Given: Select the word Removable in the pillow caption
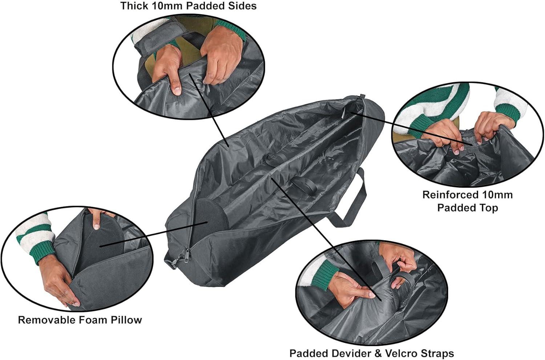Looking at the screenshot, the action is pyautogui.click(x=40, y=320).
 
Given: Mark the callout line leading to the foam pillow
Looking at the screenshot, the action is pyautogui.click(x=154, y=234).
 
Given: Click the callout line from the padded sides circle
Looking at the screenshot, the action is pyautogui.click(x=209, y=110).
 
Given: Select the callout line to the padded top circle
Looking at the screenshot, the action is pyautogui.click(x=411, y=129).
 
